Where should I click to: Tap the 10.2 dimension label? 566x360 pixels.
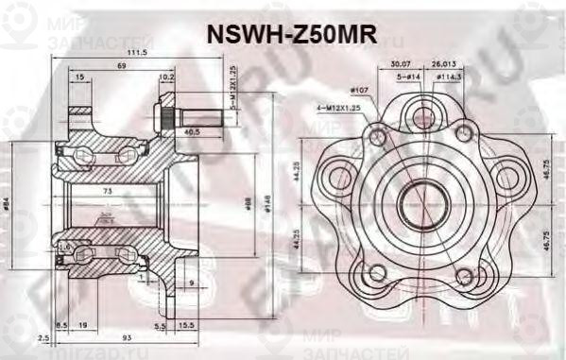pos(166,77)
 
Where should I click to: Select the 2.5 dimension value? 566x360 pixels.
pos(43,337)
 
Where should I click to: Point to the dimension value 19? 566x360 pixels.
pos(83,325)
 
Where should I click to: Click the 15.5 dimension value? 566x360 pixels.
pos(186,325)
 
